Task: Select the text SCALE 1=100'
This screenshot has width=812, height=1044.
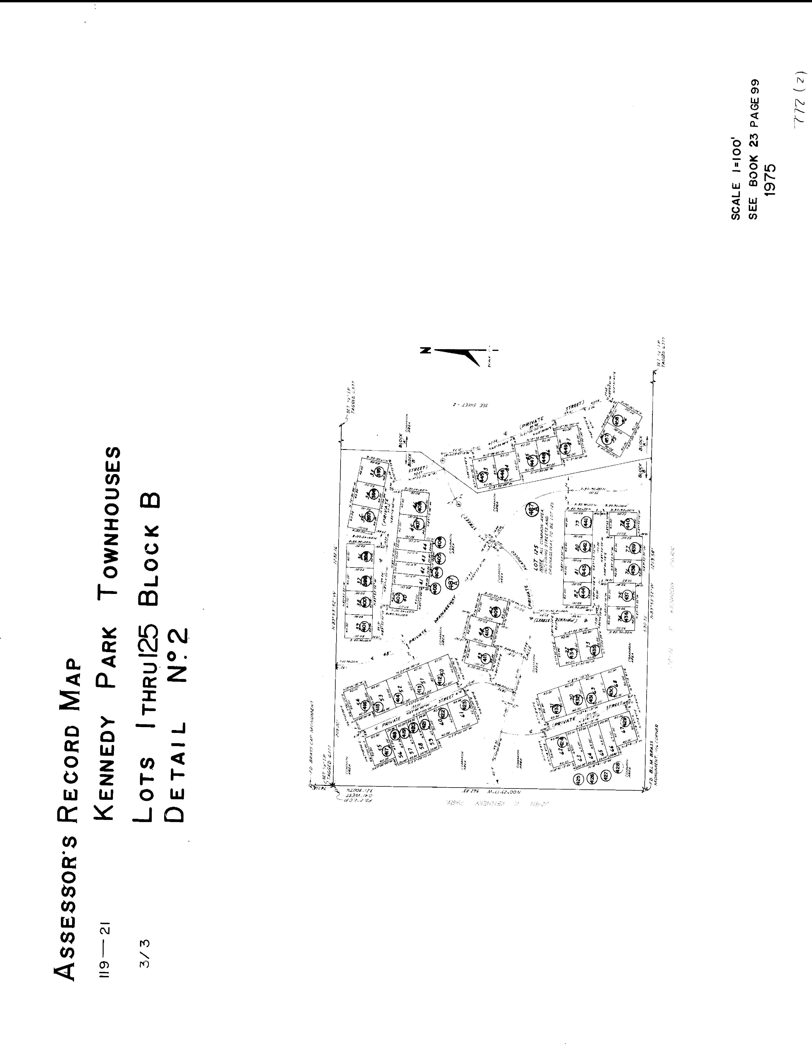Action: pyautogui.click(x=736, y=179)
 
